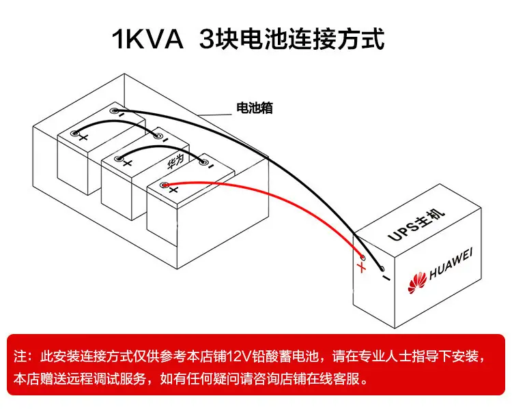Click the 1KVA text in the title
pyautogui.click(x=147, y=40)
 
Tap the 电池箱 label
pyautogui.click(x=255, y=108)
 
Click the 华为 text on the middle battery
pyautogui.click(x=175, y=162)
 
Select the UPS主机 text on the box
pyautogui.click(x=416, y=225)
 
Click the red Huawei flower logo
pyautogui.click(x=417, y=282)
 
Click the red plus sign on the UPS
pyautogui.click(x=361, y=267)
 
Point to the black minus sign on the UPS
pyautogui.click(x=386, y=278)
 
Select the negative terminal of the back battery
pyautogui.click(x=114, y=111)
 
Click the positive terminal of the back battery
pyautogui.click(x=75, y=133)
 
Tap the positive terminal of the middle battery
pyautogui.click(x=119, y=159)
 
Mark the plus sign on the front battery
pyautogui.click(x=173, y=190)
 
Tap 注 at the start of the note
pyautogui.click(x=20, y=356)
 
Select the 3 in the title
pyautogui.click(x=208, y=40)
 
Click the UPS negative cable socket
pyautogui.click(x=382, y=269)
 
